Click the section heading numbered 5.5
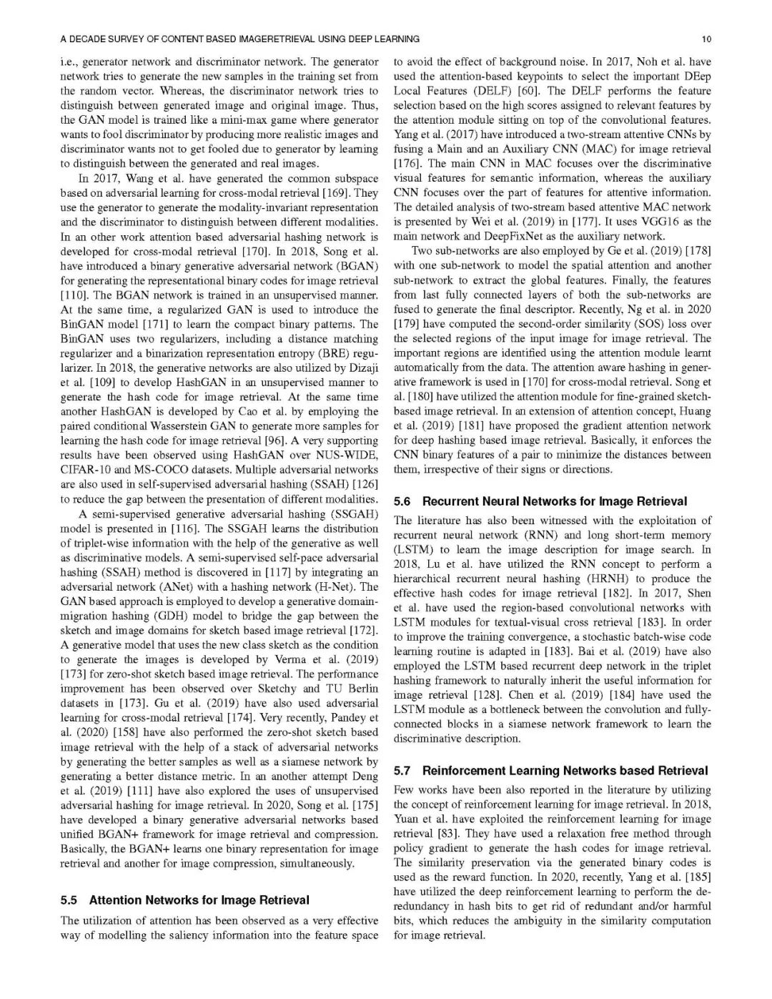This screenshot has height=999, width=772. coord(185,900)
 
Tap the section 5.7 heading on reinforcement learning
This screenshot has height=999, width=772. coord(551,770)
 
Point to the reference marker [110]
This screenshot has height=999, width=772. coord(73,295)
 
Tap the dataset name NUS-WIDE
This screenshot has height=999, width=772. coord(350,455)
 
